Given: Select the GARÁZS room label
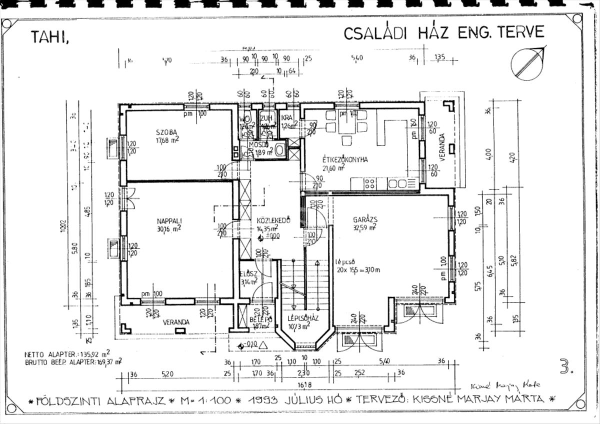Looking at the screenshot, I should pos(365,219).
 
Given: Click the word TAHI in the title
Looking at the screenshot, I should pos(49,37).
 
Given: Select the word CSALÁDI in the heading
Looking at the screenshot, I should pos(374,32).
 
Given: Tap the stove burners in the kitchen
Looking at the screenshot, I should pos(370,183).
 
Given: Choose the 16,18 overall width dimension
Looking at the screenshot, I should pos(303,385).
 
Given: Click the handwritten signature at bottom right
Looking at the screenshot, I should pos(505,386).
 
